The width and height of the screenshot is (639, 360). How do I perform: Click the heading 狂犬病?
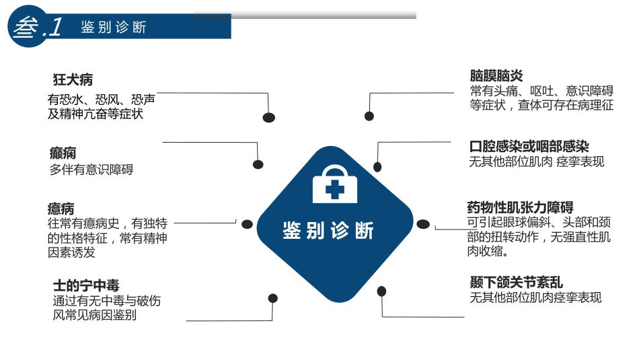coord(73,79)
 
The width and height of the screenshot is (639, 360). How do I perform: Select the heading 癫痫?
coord(63,153)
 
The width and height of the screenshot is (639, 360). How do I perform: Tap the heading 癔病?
coord(61,209)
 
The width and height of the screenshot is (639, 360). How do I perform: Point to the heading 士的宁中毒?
coord(86,285)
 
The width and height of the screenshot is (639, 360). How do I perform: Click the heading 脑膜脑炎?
coord(496,75)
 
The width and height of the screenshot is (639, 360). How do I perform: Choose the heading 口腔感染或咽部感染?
coord(529,146)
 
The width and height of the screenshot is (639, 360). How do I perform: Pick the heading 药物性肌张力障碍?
coord(520,207)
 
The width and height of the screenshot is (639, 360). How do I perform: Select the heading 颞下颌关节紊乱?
coord(517,282)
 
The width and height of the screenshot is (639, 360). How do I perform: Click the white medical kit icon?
coord(335,184)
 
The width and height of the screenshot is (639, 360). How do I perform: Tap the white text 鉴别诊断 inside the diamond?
coord(328,231)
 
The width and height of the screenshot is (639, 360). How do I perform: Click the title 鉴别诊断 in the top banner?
coord(113,28)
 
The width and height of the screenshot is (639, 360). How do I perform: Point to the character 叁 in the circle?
coord(26,28)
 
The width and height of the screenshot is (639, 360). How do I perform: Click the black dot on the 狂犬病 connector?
coord(268,117)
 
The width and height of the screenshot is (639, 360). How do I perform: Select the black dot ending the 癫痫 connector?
coord(258,164)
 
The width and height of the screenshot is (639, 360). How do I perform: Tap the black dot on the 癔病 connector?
coord(247,224)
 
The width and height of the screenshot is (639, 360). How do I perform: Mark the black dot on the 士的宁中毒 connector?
coord(273,299)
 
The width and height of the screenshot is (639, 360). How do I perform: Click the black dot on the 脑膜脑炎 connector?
coord(369,116)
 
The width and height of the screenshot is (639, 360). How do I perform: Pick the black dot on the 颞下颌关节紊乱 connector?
coord(381,291)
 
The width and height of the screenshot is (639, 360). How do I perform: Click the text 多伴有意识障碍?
coord(91,170)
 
